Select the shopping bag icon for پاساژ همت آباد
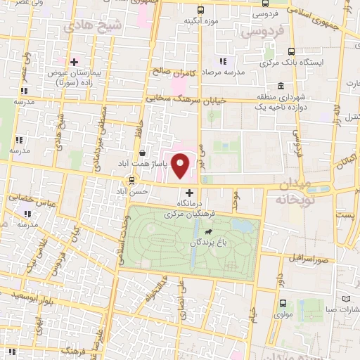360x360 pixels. coord(144,153)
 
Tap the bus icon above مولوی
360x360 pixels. coord(283,304)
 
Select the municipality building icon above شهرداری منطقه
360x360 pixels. coord(281,86)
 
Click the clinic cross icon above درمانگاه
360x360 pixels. coord(188,192)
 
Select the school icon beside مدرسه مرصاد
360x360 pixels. coord(224,62)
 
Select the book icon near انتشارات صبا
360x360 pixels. coord(353,297)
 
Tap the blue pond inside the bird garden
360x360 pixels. coord(244,226)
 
